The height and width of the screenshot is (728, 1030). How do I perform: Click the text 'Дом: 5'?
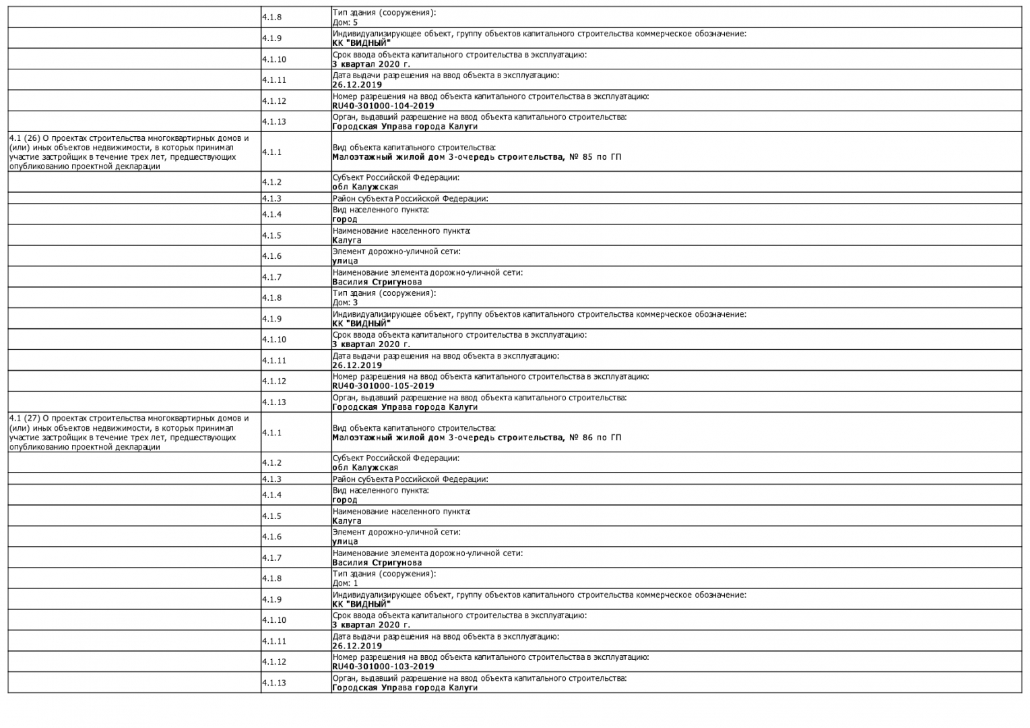[345, 23]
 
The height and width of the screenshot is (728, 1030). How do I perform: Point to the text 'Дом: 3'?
[345, 303]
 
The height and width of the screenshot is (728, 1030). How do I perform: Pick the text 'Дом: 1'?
[345, 583]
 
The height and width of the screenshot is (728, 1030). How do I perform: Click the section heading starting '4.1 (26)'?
[129, 152]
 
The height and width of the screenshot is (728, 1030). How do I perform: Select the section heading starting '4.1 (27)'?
[129, 433]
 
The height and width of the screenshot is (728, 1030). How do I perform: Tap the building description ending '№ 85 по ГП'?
[476, 157]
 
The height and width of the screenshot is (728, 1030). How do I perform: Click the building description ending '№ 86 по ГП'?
[476, 437]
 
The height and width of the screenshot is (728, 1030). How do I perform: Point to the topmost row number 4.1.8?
[272, 17]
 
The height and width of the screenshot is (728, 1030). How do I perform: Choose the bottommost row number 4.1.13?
[274, 683]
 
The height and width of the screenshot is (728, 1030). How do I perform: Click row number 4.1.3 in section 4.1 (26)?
[272, 199]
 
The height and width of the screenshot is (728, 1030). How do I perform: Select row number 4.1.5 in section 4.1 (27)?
[272, 516]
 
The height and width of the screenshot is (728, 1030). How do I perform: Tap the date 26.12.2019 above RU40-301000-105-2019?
[356, 365]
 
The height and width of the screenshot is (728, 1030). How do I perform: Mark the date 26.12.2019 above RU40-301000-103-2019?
[356, 646]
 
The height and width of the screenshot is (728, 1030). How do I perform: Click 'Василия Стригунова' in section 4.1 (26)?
[377, 282]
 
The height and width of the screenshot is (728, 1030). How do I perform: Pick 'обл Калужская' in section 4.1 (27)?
[364, 468]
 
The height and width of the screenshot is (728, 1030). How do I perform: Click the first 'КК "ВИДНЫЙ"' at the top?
[361, 43]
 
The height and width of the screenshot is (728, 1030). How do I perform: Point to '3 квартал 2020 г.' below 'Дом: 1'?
[371, 625]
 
